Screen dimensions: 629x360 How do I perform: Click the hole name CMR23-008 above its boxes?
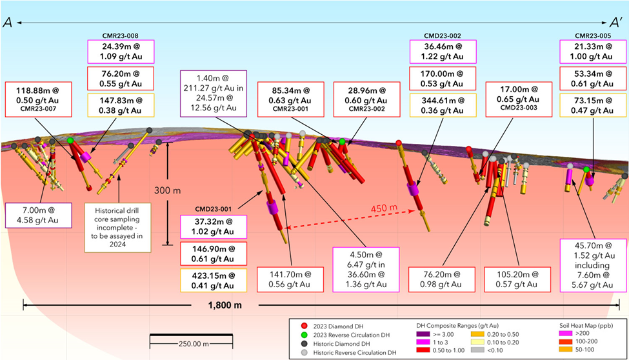(121, 35)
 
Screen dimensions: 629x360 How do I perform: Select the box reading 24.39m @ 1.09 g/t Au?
(121, 52)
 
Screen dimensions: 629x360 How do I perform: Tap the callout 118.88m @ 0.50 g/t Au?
(39, 99)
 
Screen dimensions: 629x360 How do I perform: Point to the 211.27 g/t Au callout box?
(214, 94)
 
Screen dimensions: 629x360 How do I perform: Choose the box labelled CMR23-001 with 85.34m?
(290, 99)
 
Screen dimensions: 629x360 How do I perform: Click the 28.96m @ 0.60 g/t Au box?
(366, 99)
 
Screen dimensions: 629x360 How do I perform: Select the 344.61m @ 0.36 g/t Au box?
(443, 106)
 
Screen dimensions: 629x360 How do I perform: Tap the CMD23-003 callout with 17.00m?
(519, 99)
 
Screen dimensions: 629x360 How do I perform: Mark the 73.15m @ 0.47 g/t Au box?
(592, 106)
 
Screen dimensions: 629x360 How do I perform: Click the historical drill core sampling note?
(117, 228)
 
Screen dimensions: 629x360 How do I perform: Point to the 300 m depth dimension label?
(168, 190)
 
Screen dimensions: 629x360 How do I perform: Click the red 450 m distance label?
(384, 208)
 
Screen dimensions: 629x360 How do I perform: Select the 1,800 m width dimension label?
(225, 305)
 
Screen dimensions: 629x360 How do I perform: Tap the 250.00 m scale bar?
(192, 341)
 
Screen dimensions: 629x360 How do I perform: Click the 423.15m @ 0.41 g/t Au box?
(214, 281)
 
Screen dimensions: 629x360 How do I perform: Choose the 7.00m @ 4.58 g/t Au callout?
(39, 215)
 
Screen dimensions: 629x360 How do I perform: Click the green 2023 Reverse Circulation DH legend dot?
(305, 335)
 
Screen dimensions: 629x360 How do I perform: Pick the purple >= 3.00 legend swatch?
(423, 334)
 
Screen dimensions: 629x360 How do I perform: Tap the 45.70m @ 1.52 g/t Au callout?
(592, 265)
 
